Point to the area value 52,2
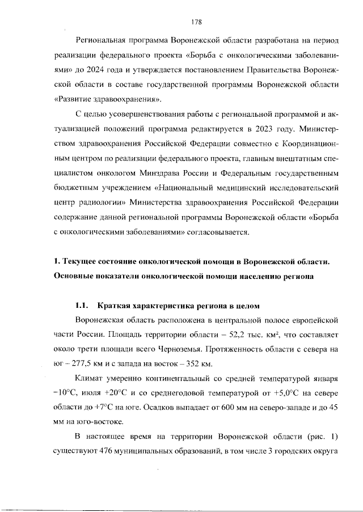[234, 335]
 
